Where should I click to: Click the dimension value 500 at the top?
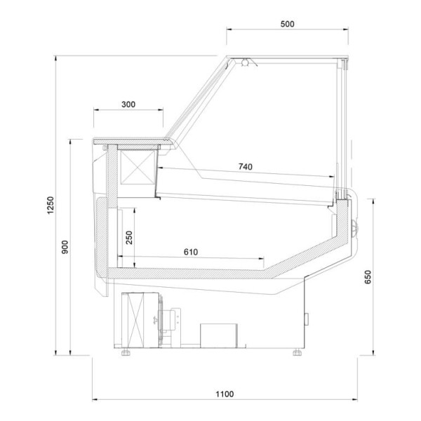[287, 23]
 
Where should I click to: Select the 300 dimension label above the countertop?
[128, 104]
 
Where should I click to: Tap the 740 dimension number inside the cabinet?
[246, 166]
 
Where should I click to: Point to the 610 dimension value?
[191, 251]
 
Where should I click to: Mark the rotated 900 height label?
[64, 248]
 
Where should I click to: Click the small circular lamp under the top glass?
[245, 63]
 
